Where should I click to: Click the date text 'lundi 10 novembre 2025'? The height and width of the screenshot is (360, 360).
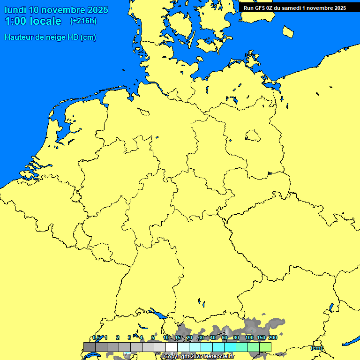point(56,10)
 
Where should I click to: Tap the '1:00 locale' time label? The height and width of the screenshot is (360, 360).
point(33,21)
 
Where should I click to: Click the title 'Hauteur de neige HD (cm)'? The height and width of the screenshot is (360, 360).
point(50,37)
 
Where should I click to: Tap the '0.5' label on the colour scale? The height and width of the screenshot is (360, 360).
point(96,337)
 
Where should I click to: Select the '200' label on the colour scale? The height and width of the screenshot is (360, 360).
point(272,337)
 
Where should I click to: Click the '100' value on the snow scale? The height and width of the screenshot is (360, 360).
point(249,337)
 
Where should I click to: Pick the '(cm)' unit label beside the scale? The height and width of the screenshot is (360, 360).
point(316,348)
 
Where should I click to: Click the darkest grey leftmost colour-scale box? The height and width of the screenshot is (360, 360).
point(90,347)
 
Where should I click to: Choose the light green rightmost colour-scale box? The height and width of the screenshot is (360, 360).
point(265,347)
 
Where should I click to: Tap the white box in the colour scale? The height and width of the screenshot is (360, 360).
point(160,347)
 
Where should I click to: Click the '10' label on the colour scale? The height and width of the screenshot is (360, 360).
point(166,337)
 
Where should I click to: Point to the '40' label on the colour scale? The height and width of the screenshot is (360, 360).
point(213,337)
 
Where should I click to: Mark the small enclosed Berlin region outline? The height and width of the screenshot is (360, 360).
point(252,136)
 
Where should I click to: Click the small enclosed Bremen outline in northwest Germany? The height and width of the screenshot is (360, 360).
point(143,112)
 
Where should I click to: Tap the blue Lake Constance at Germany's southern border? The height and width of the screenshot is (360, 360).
point(157,315)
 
